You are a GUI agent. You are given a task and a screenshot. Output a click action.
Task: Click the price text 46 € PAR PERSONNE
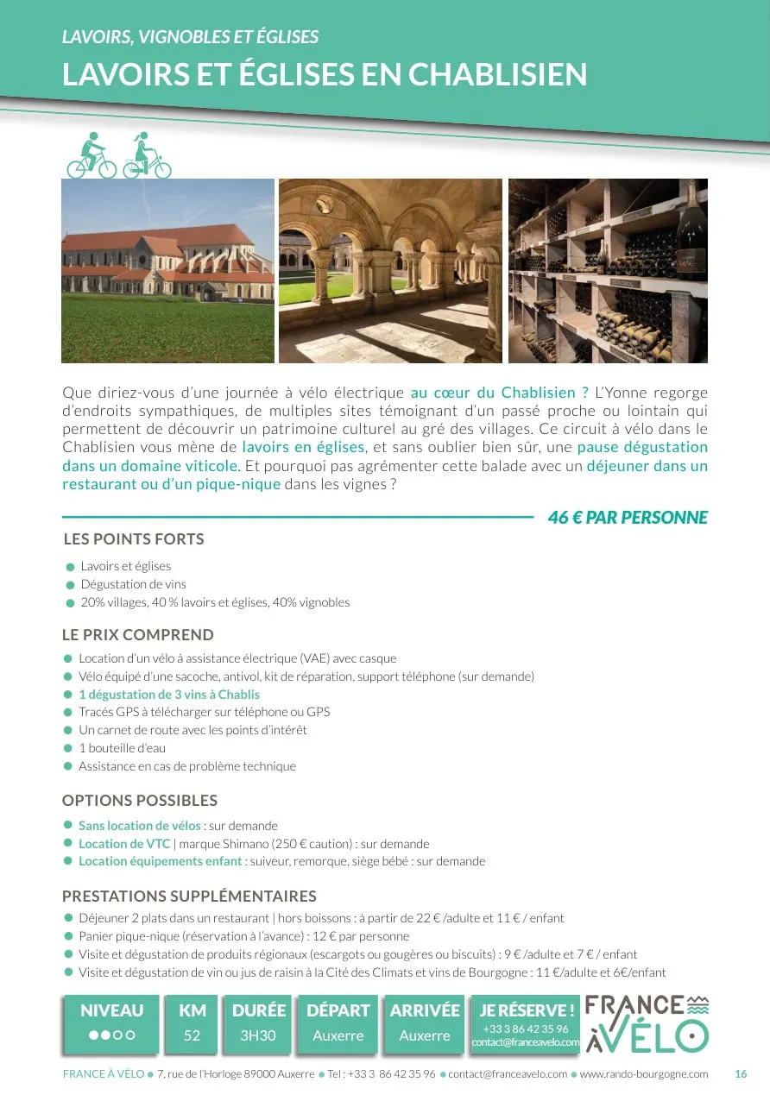628,518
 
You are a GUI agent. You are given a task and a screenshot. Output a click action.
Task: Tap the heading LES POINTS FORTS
134,539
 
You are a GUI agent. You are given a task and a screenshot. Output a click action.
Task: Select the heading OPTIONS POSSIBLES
140,800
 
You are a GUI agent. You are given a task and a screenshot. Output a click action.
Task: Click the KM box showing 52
192,1023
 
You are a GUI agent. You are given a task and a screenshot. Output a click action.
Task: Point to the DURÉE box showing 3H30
258,1023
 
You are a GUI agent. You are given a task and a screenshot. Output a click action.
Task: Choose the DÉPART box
338,1023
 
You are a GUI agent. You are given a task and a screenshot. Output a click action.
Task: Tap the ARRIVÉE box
425,1023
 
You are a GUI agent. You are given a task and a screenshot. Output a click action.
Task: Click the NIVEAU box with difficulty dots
112,1023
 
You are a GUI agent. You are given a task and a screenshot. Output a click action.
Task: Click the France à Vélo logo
647,1023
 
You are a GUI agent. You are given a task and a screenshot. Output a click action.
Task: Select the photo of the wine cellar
608,271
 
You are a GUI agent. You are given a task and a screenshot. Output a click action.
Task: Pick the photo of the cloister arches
390,271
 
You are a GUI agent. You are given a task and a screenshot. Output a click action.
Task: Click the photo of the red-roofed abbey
167,271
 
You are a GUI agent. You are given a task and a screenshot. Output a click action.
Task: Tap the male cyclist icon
91,156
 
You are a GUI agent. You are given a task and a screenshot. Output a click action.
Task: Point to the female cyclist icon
146,156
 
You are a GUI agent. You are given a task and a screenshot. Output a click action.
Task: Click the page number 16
741,1074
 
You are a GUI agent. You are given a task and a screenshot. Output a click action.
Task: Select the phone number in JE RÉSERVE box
526,1029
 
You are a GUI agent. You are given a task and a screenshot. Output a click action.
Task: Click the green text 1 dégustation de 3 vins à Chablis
169,695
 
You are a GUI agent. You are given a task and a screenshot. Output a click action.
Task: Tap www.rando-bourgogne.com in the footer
643,1074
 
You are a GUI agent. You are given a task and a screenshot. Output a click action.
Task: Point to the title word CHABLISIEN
497,75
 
